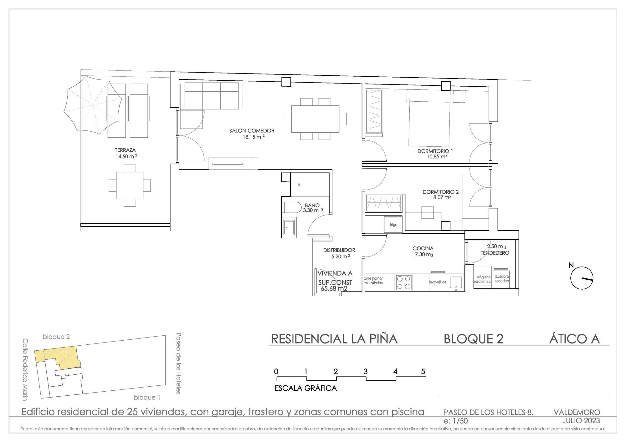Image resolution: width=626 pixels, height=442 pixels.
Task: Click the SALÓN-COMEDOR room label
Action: pos(252,131)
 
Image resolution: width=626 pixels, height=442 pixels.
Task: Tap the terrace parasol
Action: pos(93,106)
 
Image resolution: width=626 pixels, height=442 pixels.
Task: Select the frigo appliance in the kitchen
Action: pos(393,225)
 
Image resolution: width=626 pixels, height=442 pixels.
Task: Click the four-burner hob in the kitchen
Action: pos(403,282)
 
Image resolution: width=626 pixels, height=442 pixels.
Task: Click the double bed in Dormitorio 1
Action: pos(429,120)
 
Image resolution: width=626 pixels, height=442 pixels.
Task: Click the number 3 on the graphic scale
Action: pos(365,372)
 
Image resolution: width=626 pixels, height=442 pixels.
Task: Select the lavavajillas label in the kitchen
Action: pos(437,282)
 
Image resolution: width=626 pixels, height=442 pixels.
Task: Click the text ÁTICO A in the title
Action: pos(574,339)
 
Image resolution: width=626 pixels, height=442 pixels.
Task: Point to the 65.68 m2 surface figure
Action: pos(334,288)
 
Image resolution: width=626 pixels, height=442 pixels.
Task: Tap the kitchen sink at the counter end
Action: pos(455,282)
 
